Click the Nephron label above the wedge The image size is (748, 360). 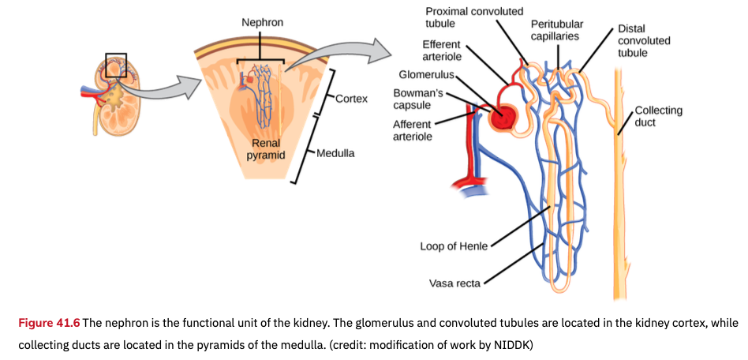[x=262, y=23]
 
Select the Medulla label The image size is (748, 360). [x=335, y=153]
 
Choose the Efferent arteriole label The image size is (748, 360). [x=442, y=51]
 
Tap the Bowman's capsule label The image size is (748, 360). [x=417, y=99]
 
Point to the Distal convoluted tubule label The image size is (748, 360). [x=644, y=39]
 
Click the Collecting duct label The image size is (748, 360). [x=658, y=116]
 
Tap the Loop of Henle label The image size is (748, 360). [x=454, y=246]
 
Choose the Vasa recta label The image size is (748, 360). [x=453, y=282]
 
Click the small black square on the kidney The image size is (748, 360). [x=115, y=66]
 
